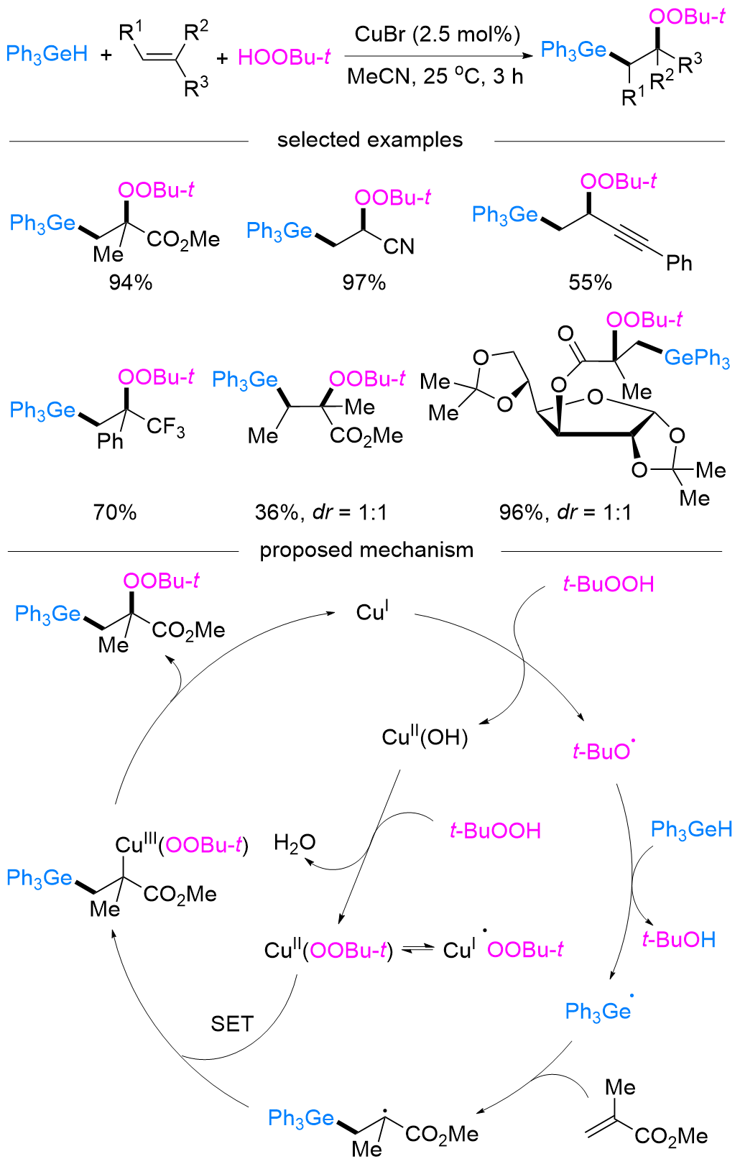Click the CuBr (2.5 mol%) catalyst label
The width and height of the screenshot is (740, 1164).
click(x=437, y=34)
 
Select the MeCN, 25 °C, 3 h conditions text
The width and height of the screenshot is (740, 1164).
click(x=435, y=76)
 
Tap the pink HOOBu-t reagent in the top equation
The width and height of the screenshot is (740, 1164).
click(x=284, y=57)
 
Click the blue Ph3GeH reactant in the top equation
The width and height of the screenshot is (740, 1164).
click(x=47, y=54)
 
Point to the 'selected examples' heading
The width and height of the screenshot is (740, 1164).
click(x=370, y=139)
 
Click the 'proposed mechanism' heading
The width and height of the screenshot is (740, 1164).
click(x=366, y=550)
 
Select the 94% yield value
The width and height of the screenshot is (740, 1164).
click(x=131, y=282)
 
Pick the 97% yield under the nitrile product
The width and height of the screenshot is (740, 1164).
click(x=364, y=282)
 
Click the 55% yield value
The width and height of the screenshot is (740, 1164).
click(x=590, y=282)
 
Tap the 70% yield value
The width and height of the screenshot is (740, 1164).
click(x=115, y=512)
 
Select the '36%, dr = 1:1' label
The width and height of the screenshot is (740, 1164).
click(x=321, y=512)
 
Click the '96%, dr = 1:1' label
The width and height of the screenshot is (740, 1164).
click(x=565, y=512)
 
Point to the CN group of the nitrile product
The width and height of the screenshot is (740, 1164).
click(x=399, y=246)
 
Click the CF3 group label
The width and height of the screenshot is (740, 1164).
click(x=166, y=428)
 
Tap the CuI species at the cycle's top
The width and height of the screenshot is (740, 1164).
click(x=372, y=612)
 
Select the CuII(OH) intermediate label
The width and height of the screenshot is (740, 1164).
click(x=425, y=736)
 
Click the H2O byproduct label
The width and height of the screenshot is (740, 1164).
click(x=295, y=843)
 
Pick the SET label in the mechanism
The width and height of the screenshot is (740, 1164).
click(x=232, y=1023)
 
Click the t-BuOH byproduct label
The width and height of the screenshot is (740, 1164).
click(x=679, y=940)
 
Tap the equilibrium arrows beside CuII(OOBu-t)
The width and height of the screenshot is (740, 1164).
click(x=417, y=950)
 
